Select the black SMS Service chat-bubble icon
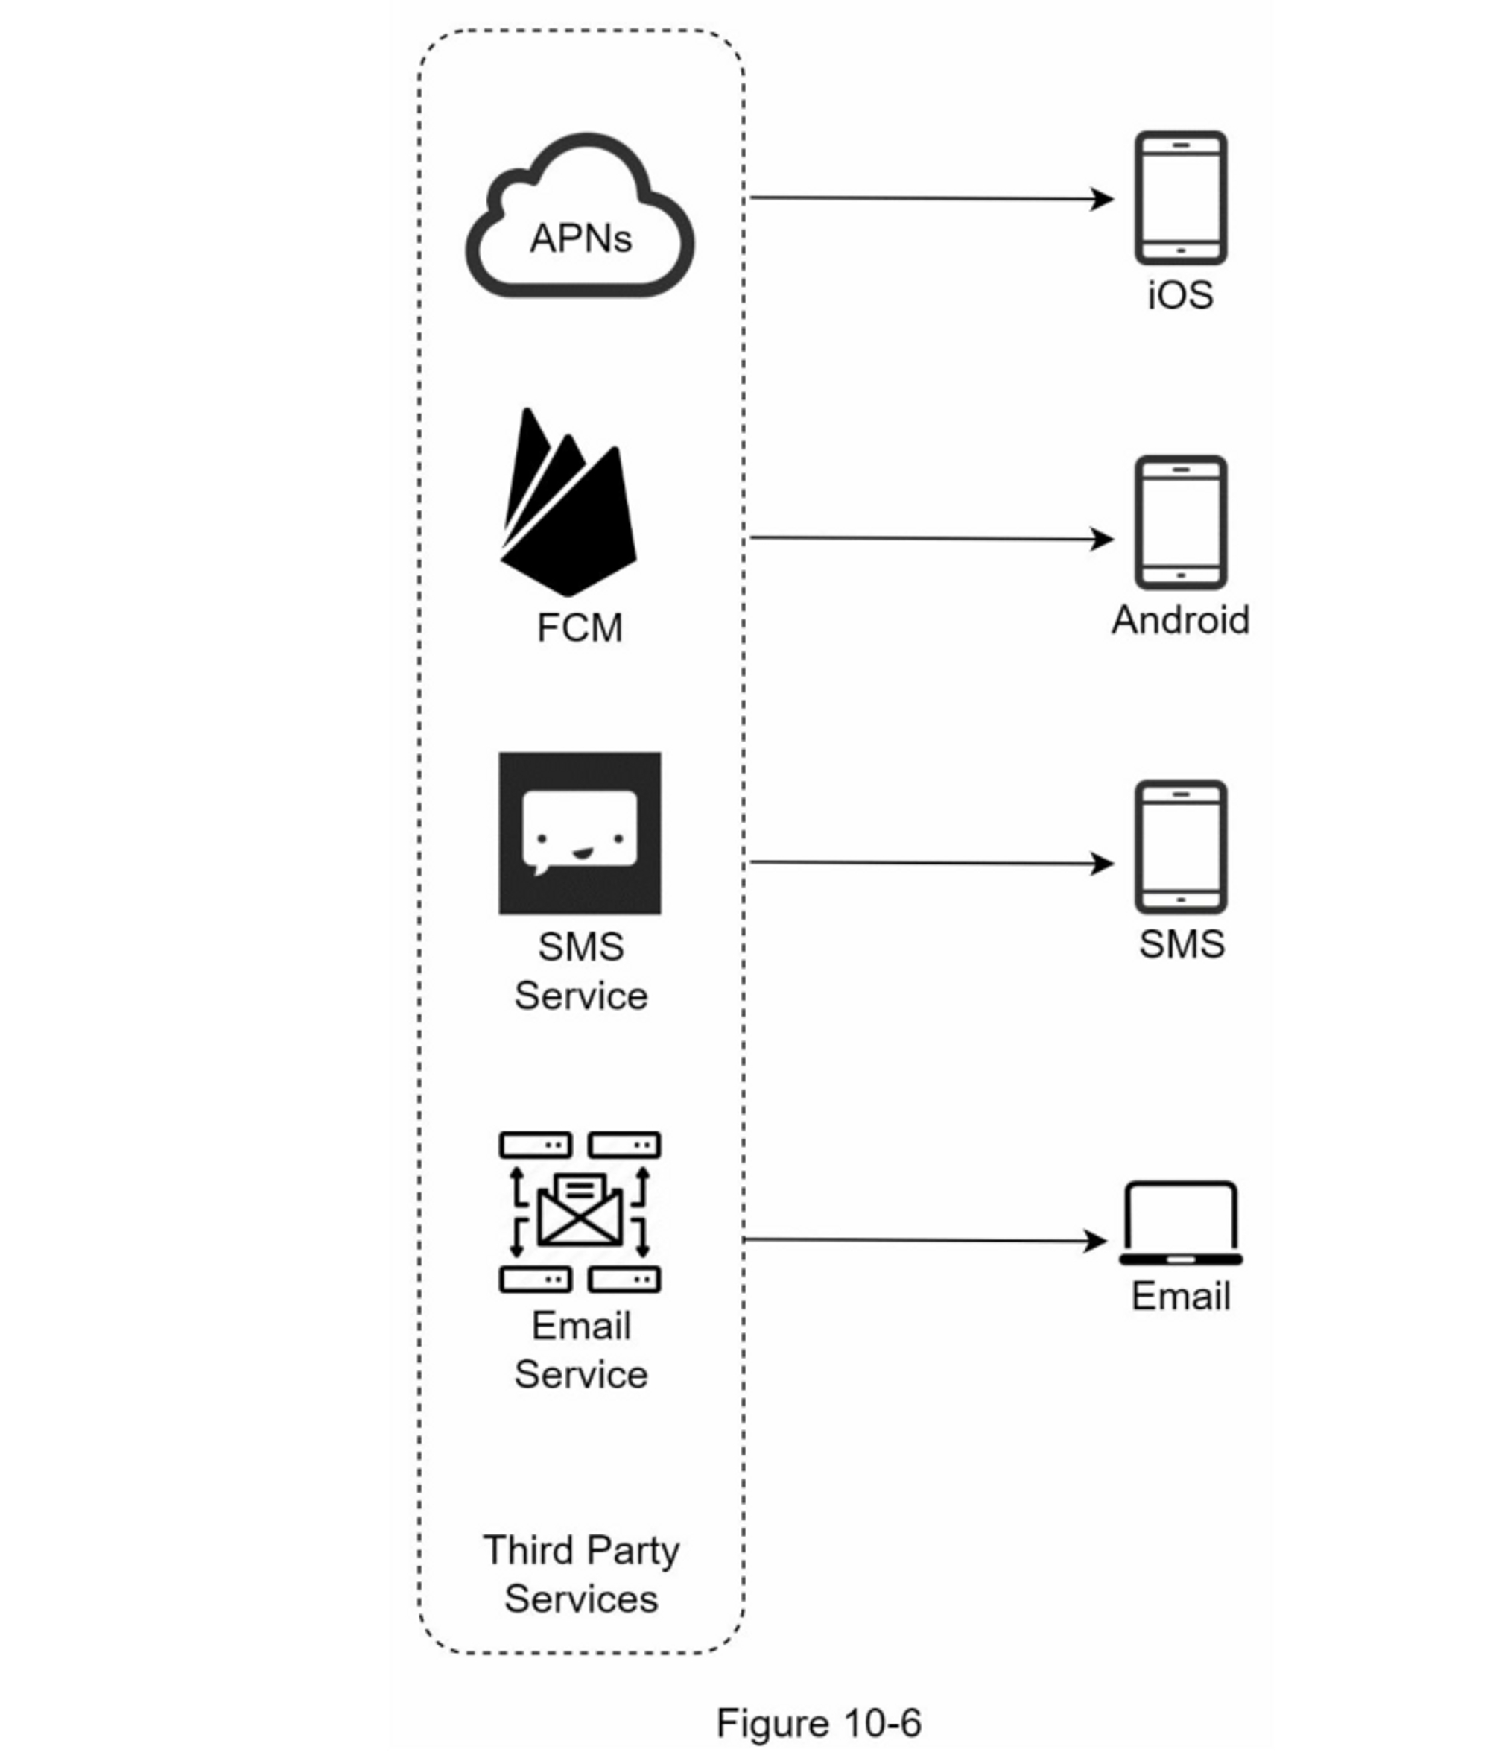[580, 833]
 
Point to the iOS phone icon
[1180, 197]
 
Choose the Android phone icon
[1180, 522]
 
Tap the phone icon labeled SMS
[1180, 847]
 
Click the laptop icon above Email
[1180, 1223]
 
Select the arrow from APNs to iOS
[929, 198]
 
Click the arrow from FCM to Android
[929, 538]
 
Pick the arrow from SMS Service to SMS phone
[929, 863]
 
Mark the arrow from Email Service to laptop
[925, 1241]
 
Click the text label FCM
[580, 627]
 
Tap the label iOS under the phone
[1180, 295]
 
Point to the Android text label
[1180, 619]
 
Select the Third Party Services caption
[581, 1574]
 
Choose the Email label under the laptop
[1180, 1296]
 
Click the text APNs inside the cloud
[580, 238]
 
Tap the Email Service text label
[581, 1350]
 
